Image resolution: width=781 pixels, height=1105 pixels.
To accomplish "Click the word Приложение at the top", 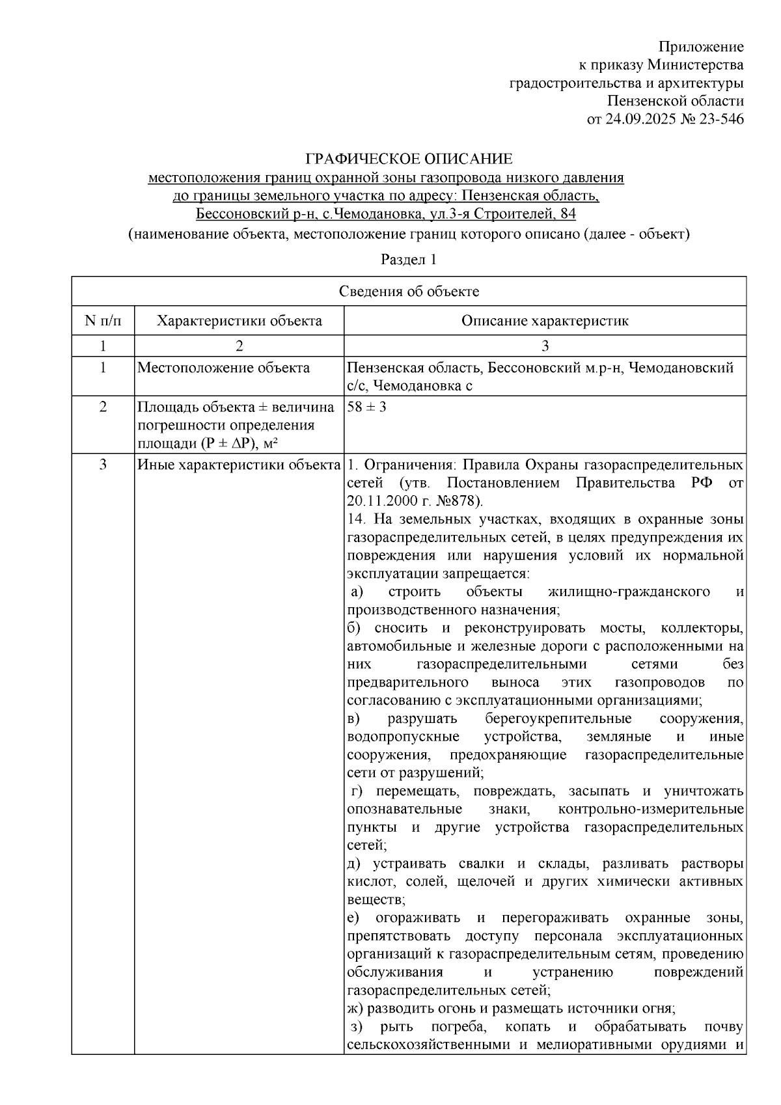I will click(x=701, y=47).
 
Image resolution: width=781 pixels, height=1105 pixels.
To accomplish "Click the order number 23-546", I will click(x=719, y=119).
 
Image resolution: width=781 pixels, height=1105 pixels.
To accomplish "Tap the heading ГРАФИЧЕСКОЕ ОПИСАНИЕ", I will click(x=409, y=159).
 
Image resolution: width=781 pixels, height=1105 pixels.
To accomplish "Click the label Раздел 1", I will click(x=408, y=260).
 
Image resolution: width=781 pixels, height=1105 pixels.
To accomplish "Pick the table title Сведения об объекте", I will click(x=409, y=292).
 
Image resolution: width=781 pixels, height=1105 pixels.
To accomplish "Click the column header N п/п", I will click(x=103, y=321).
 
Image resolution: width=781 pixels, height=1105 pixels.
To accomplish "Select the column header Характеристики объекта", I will click(x=240, y=321).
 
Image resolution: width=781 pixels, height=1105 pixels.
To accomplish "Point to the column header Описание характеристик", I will click(x=545, y=321).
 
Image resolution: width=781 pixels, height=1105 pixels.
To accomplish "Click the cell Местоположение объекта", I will click(x=223, y=368).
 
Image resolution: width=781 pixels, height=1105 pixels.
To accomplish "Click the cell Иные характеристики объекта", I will click(x=239, y=465).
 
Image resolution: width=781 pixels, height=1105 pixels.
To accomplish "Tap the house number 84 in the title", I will click(x=568, y=214).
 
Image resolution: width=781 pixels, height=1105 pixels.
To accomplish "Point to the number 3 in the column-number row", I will click(x=545, y=346).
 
